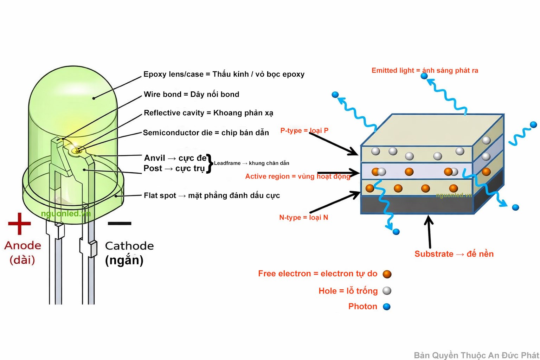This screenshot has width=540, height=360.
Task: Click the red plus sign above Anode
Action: [19, 224]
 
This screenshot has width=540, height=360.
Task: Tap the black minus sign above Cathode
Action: [120, 223]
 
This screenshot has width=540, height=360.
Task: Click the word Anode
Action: [23, 245]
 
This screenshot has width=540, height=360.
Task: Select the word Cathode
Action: [129, 246]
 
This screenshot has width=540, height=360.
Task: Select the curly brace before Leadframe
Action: [210, 163]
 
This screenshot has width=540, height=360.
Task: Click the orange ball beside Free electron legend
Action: [387, 274]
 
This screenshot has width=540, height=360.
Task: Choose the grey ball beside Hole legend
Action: [387, 291]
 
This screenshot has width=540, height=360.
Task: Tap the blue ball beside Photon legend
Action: [387, 307]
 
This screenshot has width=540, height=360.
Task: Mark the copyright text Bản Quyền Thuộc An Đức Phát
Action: [476, 355]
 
